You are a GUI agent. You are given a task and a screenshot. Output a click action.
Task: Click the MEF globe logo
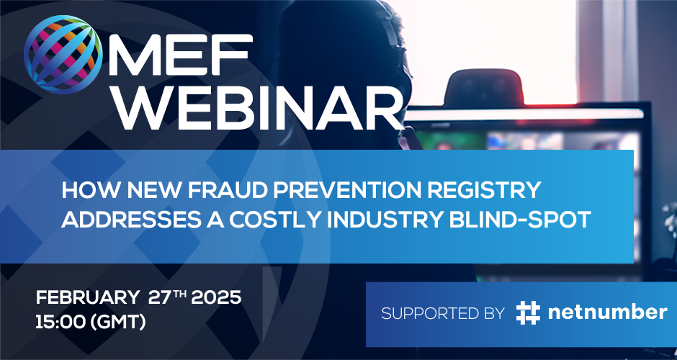(x=63, y=55)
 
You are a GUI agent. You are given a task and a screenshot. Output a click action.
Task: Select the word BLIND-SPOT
(x=520, y=220)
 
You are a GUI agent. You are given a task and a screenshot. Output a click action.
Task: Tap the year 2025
(x=216, y=298)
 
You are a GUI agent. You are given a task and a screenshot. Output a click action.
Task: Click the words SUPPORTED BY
(x=443, y=313)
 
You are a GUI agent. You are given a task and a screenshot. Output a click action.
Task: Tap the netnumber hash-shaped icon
(x=528, y=313)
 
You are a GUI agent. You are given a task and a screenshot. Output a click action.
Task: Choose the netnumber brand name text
(x=607, y=312)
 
